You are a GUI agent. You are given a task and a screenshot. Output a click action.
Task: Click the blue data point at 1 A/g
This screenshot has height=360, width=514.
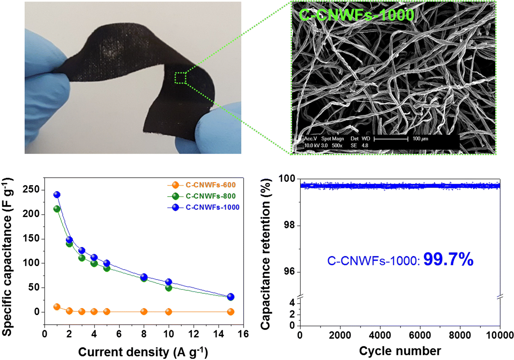[x=57, y=195]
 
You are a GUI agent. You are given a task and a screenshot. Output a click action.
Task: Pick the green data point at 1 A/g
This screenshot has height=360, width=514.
[x=57, y=209]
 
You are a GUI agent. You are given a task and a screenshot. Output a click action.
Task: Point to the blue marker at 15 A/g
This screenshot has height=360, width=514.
[x=231, y=297]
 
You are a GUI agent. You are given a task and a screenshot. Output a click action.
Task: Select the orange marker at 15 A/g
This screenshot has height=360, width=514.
[x=231, y=312]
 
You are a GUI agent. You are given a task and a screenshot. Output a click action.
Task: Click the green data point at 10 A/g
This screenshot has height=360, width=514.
[x=169, y=288]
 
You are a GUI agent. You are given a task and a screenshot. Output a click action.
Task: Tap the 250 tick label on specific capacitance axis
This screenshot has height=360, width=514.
[x=31, y=189]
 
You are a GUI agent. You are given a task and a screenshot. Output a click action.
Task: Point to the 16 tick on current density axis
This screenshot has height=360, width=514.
[x=243, y=334]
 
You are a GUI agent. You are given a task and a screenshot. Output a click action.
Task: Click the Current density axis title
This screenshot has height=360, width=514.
[x=143, y=351]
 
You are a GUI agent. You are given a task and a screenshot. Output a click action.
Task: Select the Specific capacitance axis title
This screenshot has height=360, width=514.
[x=7, y=257]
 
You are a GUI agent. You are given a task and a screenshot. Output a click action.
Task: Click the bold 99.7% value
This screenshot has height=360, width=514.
[x=448, y=259]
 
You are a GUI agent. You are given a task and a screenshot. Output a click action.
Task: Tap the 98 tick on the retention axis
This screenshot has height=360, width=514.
[x=289, y=225]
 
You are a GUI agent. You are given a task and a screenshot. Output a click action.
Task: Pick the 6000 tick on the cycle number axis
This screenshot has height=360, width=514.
[x=420, y=335]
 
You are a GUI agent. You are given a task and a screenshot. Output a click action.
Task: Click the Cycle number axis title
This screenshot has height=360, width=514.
[x=400, y=351]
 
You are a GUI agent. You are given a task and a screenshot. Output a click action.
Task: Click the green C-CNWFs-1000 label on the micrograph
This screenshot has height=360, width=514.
[x=356, y=15]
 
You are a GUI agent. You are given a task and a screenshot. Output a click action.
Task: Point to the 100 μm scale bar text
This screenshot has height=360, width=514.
[x=420, y=139]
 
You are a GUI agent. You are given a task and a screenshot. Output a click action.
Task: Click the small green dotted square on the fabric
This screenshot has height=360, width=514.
[x=180, y=78]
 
